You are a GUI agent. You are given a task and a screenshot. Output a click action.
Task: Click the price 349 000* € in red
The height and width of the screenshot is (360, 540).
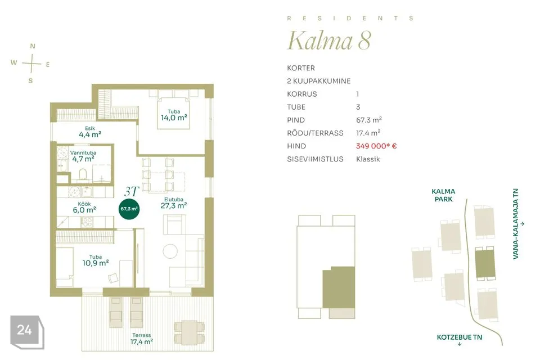click(x=376, y=146)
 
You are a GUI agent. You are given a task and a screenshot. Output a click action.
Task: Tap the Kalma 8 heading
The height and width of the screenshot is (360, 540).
click(x=329, y=40)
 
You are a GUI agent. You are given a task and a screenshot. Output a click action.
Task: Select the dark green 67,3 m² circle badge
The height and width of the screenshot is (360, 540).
click(x=129, y=209)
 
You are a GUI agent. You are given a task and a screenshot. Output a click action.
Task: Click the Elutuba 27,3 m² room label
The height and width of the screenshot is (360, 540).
click(x=174, y=203)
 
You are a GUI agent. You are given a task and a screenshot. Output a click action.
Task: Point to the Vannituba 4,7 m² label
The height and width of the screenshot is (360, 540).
click(x=83, y=156)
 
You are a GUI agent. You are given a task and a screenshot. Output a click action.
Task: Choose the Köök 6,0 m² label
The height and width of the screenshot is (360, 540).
click(x=84, y=207)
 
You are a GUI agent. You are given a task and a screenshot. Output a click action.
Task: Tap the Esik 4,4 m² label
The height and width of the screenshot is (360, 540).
click(x=90, y=132)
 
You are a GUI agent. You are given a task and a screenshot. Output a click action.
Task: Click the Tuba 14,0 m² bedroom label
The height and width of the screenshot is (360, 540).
click(x=174, y=115)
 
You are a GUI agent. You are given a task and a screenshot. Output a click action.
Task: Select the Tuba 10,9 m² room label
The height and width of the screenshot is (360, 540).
click(x=96, y=260)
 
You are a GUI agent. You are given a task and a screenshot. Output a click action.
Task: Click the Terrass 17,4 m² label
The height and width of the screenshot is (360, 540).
click(x=142, y=339)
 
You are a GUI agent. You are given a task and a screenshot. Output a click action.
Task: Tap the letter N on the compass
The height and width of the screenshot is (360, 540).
click(x=33, y=46)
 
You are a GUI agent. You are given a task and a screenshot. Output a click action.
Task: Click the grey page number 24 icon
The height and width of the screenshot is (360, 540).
click(x=27, y=332)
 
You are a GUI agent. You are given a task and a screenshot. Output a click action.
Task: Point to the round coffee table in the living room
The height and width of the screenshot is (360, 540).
click(x=170, y=251)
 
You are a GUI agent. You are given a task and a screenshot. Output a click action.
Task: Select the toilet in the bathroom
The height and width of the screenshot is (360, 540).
click(x=83, y=174)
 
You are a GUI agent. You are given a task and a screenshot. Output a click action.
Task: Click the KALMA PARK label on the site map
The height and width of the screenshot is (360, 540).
click(x=443, y=195)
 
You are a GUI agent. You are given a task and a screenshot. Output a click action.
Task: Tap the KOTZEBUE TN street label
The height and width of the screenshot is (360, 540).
click(x=460, y=337)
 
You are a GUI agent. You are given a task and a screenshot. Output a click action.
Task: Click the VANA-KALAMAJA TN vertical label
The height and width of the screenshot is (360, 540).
click(x=516, y=223)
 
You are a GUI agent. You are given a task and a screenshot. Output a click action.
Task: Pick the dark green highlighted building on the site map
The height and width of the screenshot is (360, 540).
click(x=485, y=264)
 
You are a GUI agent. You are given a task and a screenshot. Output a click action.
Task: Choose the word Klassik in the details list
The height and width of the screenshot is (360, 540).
click(x=368, y=159)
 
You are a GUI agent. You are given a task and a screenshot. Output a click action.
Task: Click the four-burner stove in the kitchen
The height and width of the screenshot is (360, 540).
click(x=87, y=222)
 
